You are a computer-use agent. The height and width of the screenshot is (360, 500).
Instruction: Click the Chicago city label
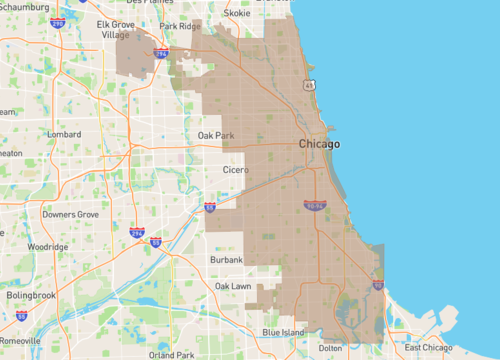320,145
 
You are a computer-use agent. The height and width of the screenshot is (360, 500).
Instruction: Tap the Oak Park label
215,135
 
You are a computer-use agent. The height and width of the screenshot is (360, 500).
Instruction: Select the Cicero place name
235,170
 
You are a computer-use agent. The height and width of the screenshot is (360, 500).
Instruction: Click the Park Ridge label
181,26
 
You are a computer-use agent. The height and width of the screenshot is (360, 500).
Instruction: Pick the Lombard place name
63,133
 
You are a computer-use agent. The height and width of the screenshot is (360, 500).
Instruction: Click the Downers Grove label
70,214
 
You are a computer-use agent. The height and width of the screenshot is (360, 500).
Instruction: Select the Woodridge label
47,246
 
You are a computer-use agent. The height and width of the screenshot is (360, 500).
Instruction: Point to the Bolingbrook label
34,296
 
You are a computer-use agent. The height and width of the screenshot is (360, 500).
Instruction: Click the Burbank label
226,260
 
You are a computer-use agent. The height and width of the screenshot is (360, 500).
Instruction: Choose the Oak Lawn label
233,286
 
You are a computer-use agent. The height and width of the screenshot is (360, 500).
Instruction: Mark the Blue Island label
283,332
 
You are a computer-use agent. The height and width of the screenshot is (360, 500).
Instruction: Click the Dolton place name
329,348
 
